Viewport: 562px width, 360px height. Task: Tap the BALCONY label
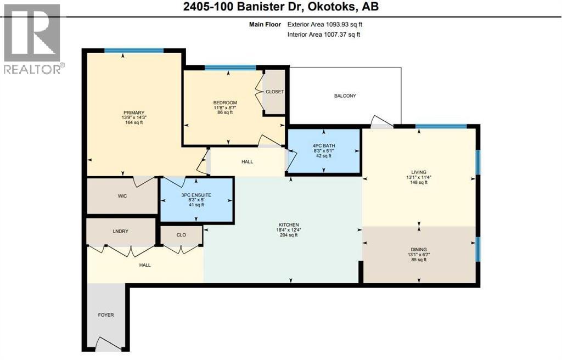(345, 95)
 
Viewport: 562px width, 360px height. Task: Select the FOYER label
(106, 315)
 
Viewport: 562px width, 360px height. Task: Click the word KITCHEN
(289, 225)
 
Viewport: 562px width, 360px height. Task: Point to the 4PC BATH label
(324, 146)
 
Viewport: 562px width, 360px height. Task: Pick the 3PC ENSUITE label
(196, 195)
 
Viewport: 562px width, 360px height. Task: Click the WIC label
(122, 196)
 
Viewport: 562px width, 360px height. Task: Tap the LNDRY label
(120, 231)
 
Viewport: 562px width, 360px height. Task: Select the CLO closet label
(181, 235)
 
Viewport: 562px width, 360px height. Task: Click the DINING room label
(419, 250)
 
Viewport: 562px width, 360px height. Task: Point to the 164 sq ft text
(134, 122)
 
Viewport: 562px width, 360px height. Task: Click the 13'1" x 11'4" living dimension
(419, 177)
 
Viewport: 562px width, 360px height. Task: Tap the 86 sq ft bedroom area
(225, 113)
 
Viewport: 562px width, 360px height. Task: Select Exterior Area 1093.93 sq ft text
(325, 24)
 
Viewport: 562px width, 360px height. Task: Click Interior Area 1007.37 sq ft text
(324, 35)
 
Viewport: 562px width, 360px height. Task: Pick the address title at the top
(281, 7)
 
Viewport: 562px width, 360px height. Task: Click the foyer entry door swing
(109, 344)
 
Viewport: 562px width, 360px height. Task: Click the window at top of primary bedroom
(134, 50)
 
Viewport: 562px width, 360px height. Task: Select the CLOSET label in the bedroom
(274, 92)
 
